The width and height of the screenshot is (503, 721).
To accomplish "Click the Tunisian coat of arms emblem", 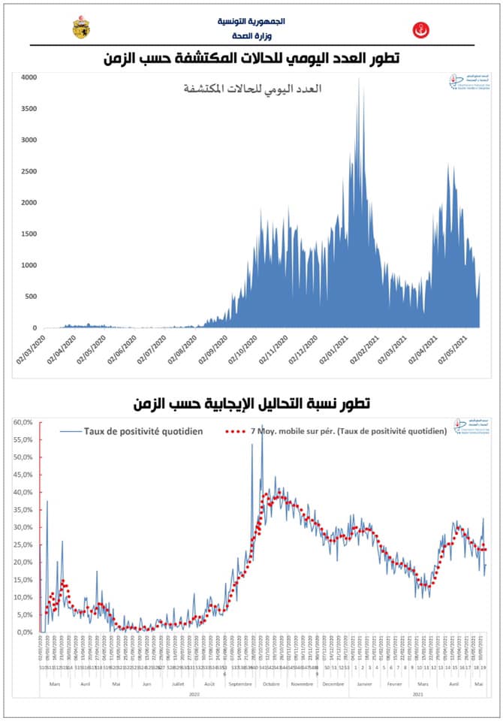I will tap(80, 28).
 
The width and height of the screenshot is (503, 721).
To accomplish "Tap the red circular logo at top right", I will tap(420, 31).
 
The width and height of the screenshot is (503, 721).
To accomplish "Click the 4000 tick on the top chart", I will tap(28, 77).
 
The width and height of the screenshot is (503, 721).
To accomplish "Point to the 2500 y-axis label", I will tap(28, 171).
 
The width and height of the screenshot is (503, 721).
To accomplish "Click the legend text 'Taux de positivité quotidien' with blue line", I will tap(146, 430).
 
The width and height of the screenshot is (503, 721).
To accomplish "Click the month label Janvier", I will tap(364, 684).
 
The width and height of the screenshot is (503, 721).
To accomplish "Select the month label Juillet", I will tap(178, 684).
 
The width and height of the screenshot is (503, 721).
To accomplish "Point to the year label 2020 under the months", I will tap(194, 695).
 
